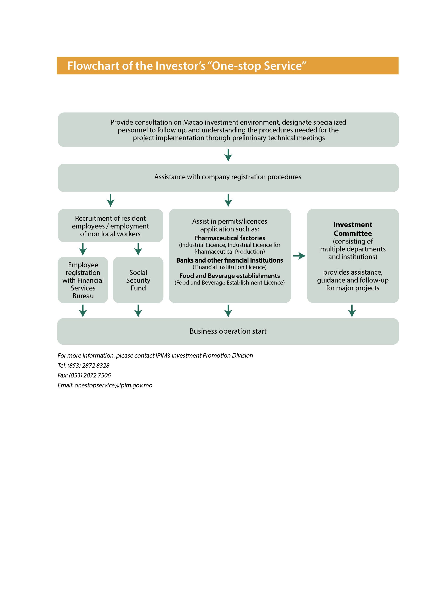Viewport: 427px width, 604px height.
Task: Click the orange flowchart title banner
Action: click(x=227, y=66)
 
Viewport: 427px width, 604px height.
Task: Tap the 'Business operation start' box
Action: click(x=228, y=331)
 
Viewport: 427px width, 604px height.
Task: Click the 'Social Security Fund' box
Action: click(x=138, y=280)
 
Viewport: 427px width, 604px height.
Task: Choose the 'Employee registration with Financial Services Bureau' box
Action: click(x=83, y=280)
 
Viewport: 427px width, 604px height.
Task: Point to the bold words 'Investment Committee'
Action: click(x=352, y=229)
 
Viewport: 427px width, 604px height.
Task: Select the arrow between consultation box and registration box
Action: click(x=228, y=155)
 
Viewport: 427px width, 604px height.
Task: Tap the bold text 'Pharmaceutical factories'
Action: click(x=229, y=238)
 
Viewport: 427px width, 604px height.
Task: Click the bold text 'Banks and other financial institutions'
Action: click(x=229, y=260)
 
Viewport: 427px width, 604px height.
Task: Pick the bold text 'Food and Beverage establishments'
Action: click(x=229, y=276)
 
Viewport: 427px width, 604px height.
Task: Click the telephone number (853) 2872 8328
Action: click(x=88, y=365)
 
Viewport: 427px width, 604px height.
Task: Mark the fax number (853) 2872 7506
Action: click(x=90, y=375)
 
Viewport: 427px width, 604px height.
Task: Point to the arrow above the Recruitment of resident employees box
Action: click(x=110, y=201)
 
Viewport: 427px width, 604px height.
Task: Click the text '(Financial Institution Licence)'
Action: click(x=229, y=267)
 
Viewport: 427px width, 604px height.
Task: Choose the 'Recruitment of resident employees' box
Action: click(x=110, y=226)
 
